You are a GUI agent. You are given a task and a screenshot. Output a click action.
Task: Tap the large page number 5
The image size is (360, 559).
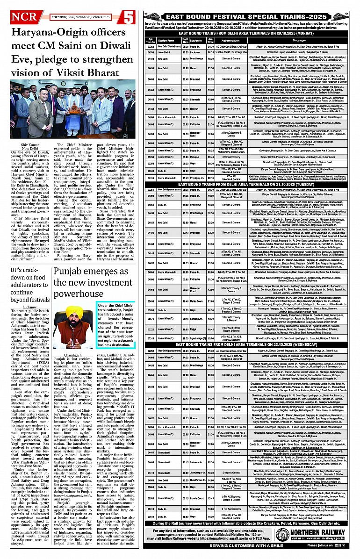click(129, 17)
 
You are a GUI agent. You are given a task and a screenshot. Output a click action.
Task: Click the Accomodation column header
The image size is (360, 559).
click(230, 41)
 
